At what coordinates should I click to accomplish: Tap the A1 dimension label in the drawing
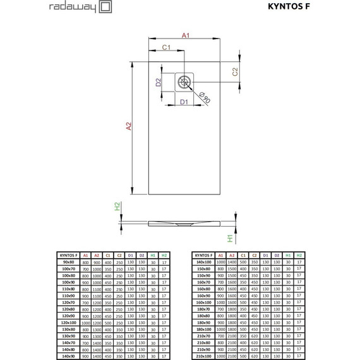(186, 36)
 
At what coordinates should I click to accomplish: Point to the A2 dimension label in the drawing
(129, 126)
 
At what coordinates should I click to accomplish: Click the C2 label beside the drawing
(236, 71)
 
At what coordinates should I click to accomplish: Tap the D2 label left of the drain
(160, 81)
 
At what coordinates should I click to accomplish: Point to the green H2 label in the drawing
(117, 207)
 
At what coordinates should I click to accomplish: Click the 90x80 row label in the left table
(68, 262)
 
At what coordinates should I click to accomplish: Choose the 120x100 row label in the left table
(68, 323)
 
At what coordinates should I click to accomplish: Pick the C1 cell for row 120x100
(108, 323)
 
